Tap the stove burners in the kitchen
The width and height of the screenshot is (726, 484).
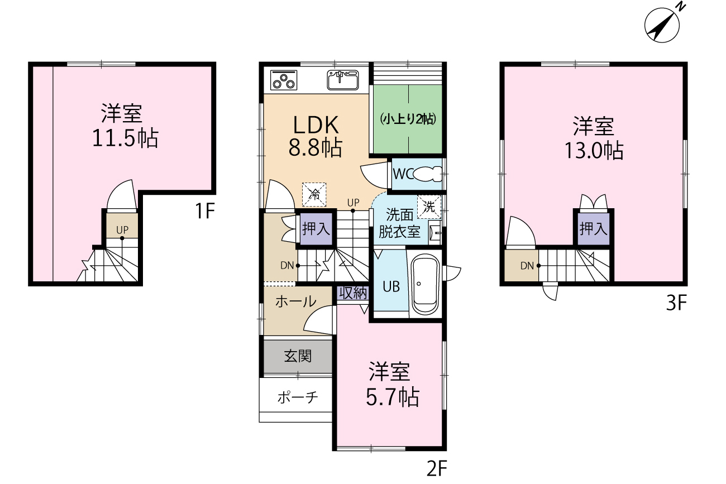coord(284,80)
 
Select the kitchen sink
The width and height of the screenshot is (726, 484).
coord(343,80)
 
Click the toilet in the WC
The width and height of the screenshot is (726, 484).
coord(428,174)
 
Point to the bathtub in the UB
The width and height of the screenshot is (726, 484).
coord(425,285)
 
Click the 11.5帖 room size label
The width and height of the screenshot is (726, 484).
coord(126,138)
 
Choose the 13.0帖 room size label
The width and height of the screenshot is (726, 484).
coord(594,150)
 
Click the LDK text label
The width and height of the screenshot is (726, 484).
coord(316,125)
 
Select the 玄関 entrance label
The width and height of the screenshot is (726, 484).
coord(298,356)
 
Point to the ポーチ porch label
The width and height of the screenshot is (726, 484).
coord(298,397)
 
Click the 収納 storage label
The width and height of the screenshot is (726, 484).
coord(353,293)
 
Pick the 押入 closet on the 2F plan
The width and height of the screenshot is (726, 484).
coord(316,229)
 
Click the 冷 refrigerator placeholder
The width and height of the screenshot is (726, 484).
coord(314,194)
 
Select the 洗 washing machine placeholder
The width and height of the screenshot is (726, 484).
coord(429,207)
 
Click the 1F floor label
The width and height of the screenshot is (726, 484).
coord(205,210)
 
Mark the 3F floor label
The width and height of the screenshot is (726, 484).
coord(676,303)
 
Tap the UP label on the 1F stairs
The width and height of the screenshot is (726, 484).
coord(122,229)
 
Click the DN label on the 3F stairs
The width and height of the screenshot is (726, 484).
coord(527,266)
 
